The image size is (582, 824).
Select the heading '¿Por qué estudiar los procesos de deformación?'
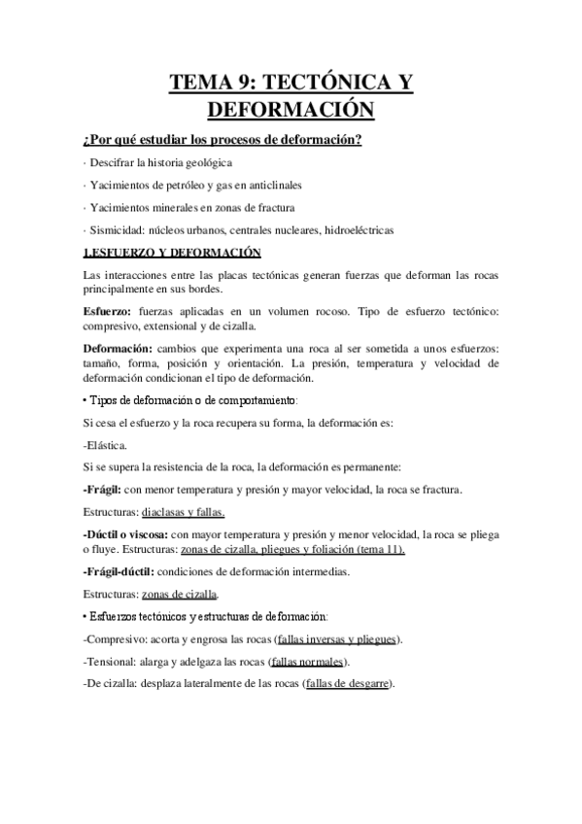(x=223, y=140)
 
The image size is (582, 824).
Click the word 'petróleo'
(x=181, y=185)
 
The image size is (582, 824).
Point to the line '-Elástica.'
(x=107, y=445)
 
